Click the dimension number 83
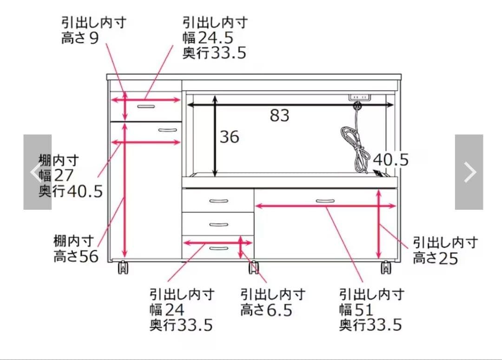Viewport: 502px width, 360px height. point(279,115)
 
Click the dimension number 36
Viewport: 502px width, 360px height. point(229,137)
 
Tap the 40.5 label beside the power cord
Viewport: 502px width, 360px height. point(390,160)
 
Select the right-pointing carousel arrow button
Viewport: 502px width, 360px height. point(469,172)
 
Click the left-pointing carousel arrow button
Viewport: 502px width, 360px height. point(37,172)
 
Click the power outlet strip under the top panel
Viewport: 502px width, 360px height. point(360,97)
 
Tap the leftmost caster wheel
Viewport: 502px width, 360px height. point(123,268)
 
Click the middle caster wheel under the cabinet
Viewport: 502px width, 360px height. point(253,268)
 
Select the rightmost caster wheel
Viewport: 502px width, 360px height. point(386,268)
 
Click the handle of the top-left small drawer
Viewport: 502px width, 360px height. point(146,107)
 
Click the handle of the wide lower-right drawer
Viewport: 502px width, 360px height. point(325,201)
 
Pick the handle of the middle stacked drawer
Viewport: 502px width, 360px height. point(218,225)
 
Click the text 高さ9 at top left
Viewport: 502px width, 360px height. point(80,38)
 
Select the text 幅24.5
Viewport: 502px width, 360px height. point(207,38)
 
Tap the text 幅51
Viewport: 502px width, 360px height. point(356,310)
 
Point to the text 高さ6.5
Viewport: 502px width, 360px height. point(266,310)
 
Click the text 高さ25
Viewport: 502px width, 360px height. point(435,258)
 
